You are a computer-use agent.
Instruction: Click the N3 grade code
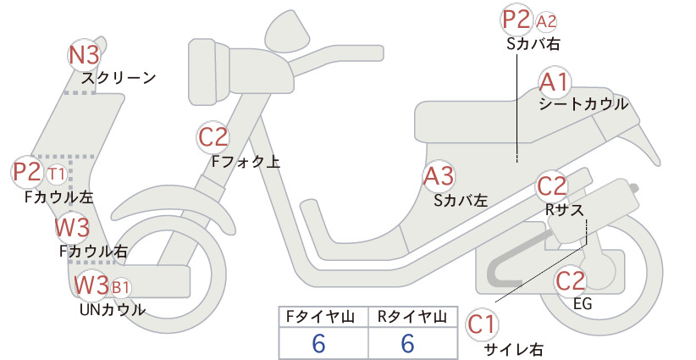click(x=84, y=56)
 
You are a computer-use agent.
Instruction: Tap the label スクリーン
click(x=119, y=78)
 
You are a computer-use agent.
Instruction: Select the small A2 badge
click(x=546, y=21)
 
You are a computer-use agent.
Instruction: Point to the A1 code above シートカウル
click(x=554, y=82)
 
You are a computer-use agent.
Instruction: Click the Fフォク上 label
click(x=246, y=162)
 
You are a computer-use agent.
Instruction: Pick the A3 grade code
click(x=439, y=176)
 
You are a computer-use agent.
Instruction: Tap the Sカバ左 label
click(x=461, y=201)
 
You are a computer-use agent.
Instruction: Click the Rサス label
click(x=565, y=209)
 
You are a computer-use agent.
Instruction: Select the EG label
click(x=583, y=303)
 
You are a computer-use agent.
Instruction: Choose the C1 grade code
click(x=481, y=324)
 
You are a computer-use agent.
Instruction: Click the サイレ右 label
click(x=514, y=349)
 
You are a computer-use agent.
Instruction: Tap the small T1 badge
click(x=57, y=174)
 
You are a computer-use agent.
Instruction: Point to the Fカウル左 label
click(x=59, y=197)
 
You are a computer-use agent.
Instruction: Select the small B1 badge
click(x=120, y=288)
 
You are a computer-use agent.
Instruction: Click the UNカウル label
click(x=113, y=309)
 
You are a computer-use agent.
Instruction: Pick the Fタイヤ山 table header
click(x=320, y=317)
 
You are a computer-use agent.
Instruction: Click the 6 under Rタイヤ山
click(x=408, y=343)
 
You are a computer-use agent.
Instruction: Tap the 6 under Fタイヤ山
click(x=318, y=343)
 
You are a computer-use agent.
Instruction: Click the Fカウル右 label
click(x=93, y=252)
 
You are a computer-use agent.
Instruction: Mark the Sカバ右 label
click(x=533, y=43)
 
